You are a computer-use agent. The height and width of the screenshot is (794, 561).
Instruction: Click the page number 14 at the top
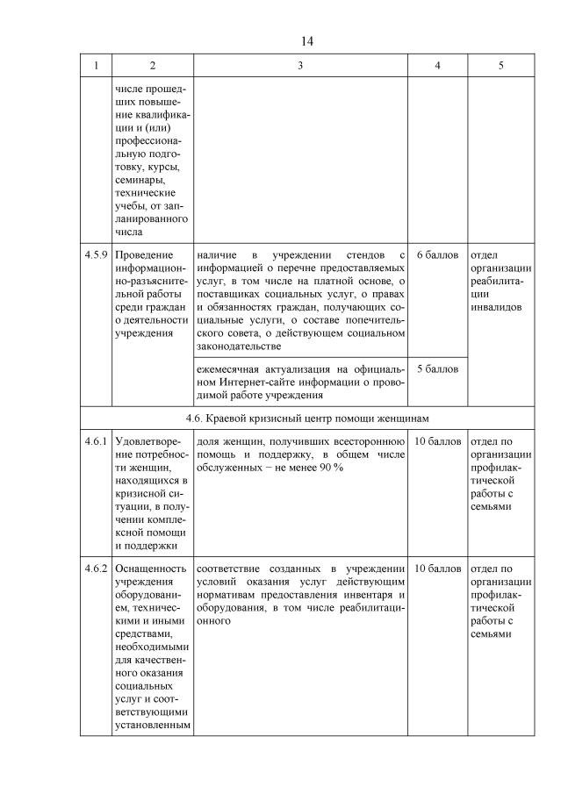click(x=306, y=41)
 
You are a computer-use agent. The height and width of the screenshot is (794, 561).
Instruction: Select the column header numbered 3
click(x=300, y=67)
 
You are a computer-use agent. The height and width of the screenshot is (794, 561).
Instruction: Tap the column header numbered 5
click(x=500, y=67)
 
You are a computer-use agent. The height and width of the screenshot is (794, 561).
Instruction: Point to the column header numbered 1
click(x=96, y=67)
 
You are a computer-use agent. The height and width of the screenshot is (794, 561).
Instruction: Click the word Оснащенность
click(x=150, y=569)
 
